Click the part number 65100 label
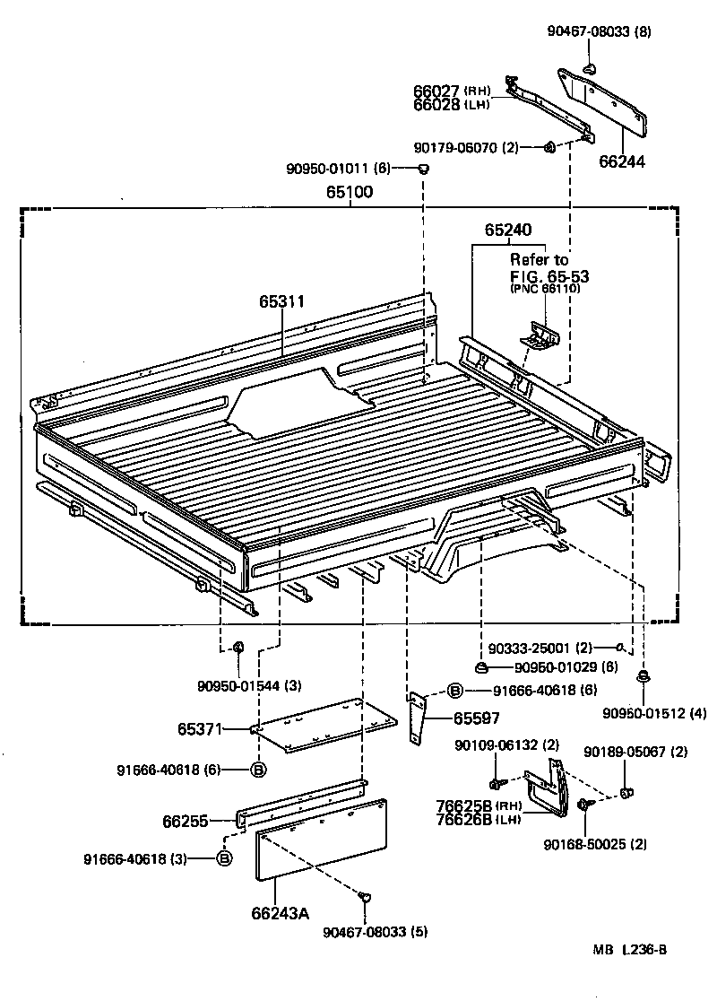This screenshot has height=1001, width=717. pyautogui.click(x=350, y=192)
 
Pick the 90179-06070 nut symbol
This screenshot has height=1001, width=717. pyautogui.click(x=549, y=147)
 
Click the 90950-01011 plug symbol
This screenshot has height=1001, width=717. pyautogui.click(x=424, y=170)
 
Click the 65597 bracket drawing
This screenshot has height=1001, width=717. pyautogui.click(x=419, y=718)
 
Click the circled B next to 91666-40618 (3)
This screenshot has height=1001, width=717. pyautogui.click(x=225, y=858)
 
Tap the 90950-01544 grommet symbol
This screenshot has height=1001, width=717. pyautogui.click(x=239, y=648)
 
